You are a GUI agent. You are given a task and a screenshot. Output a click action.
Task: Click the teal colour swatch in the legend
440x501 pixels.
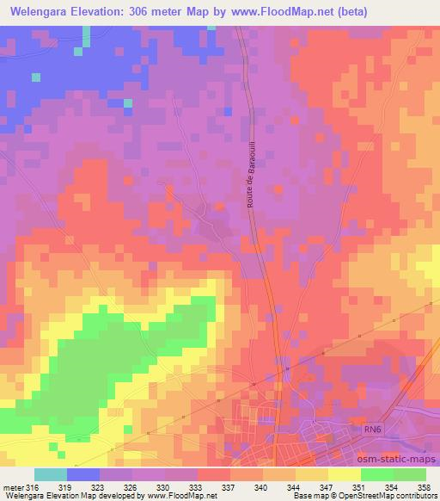tap(51, 474)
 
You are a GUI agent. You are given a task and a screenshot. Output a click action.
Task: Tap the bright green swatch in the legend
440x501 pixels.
tap(376, 474)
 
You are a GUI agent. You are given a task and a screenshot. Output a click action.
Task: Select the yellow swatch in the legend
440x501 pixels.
tap(344, 474)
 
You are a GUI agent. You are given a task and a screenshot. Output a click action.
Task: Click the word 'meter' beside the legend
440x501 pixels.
tap(13, 486)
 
